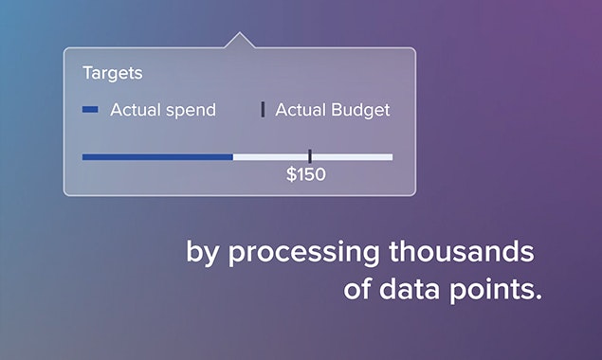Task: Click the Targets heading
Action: (x=112, y=73)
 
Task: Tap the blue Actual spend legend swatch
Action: (x=90, y=110)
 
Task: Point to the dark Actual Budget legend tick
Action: (x=263, y=110)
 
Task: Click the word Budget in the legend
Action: (x=360, y=110)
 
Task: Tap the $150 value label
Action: (x=306, y=175)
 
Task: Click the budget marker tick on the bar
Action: (x=310, y=156)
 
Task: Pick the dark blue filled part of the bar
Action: (x=156, y=156)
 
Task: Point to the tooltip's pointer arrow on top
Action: (x=239, y=41)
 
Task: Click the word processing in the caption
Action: (x=307, y=255)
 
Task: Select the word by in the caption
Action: (x=204, y=255)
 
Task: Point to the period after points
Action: (x=538, y=297)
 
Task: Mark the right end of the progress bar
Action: (x=391, y=156)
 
